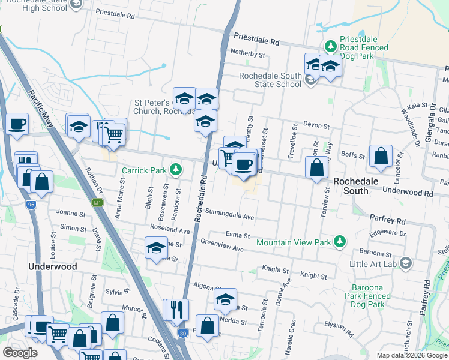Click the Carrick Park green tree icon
point(175,170)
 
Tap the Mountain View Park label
point(294,243)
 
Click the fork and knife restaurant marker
point(176,310)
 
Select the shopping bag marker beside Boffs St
point(381,157)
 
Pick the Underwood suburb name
point(53,266)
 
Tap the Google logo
point(20,352)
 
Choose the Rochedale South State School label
point(270,80)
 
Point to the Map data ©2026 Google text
point(412,355)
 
